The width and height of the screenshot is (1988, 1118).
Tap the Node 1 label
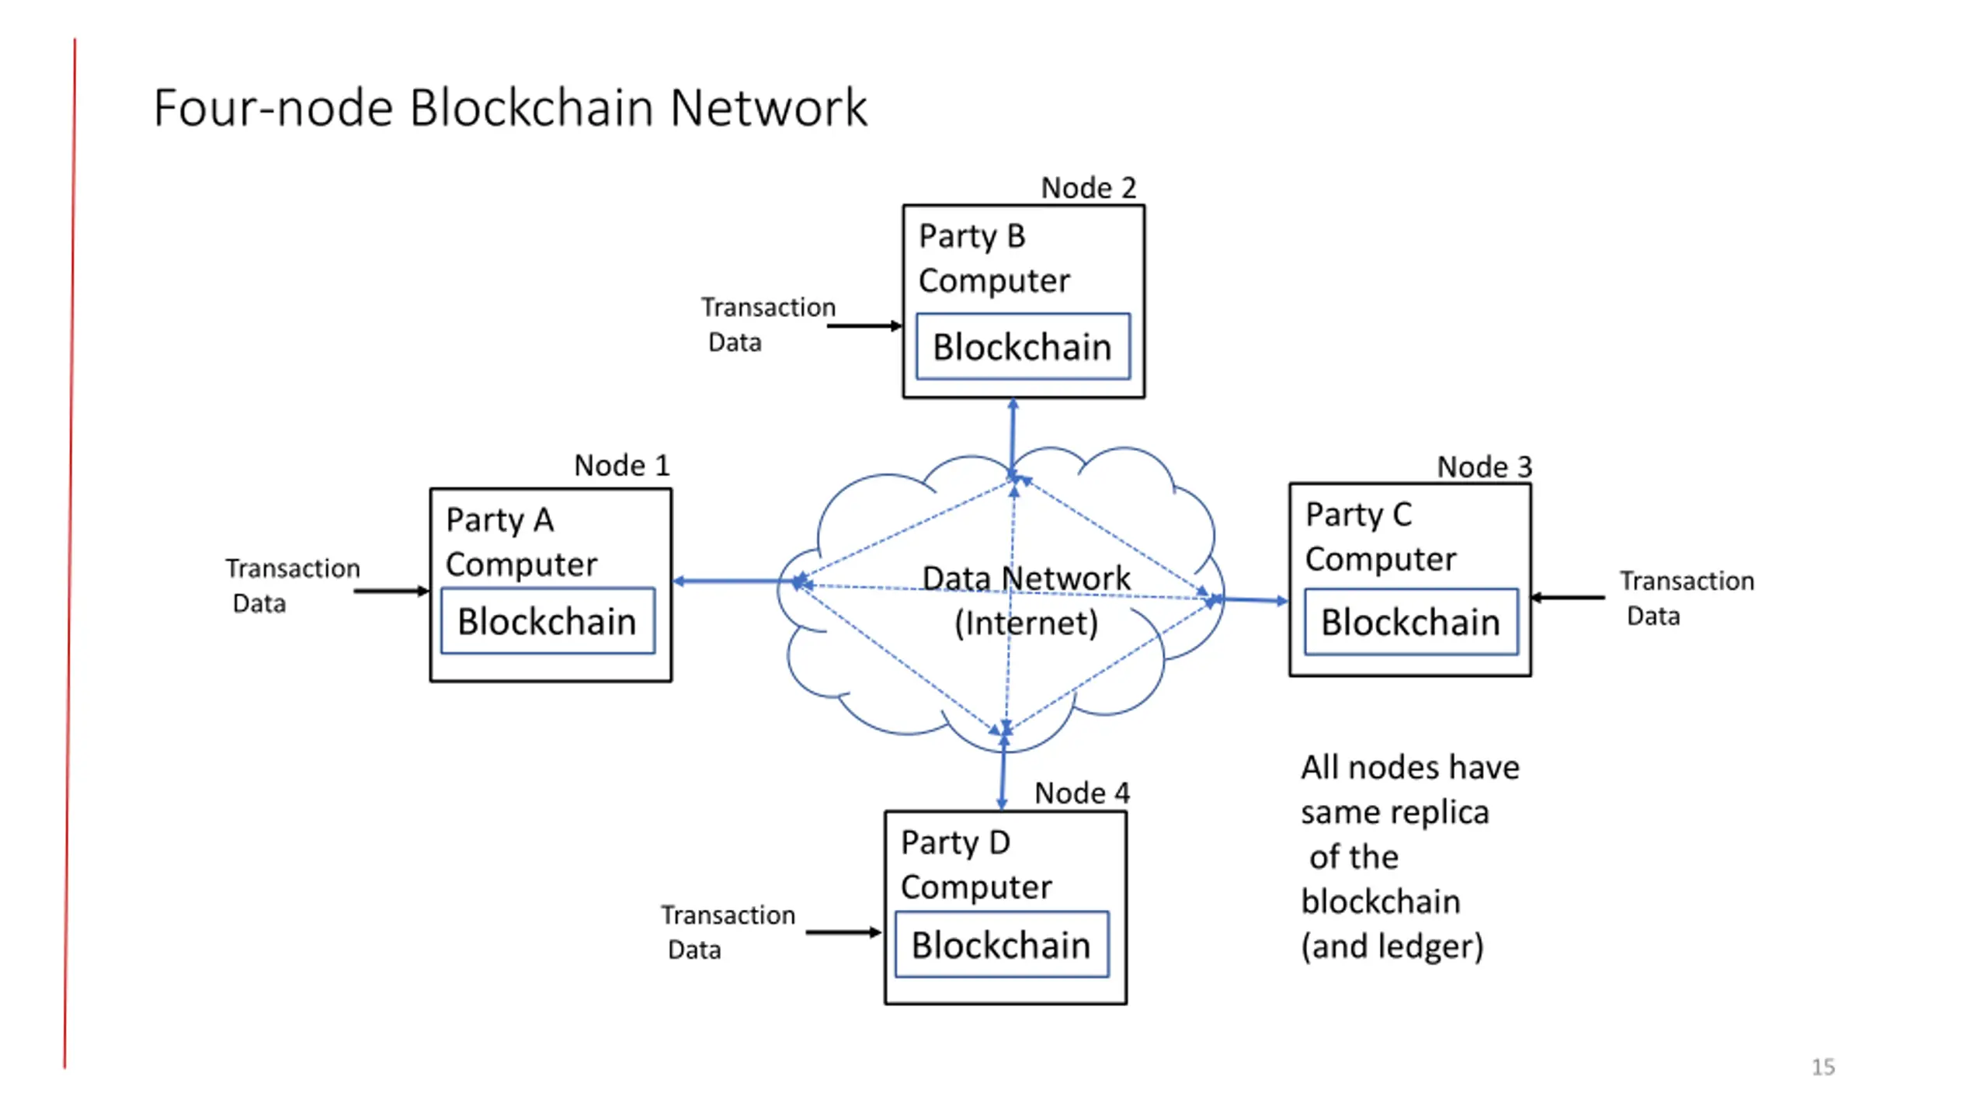[x=621, y=466]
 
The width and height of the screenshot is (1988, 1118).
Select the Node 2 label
[x=1088, y=188]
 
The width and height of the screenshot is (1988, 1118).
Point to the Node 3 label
[x=1484, y=467]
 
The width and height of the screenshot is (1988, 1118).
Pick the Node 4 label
[x=1082, y=793]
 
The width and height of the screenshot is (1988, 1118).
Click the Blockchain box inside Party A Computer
[x=547, y=621]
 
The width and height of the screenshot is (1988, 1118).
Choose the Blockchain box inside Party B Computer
[x=1023, y=346]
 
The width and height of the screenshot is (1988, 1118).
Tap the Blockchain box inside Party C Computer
[x=1411, y=622]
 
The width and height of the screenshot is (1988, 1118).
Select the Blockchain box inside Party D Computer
[x=1002, y=945]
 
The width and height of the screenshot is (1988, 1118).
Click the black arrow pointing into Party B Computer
[x=864, y=326]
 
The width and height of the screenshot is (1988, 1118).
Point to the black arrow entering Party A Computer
[x=391, y=592]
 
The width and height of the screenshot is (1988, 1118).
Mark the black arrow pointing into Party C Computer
[x=1567, y=598]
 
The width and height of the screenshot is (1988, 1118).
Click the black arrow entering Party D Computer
[x=844, y=932]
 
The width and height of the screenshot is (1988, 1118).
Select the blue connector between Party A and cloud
[x=735, y=582]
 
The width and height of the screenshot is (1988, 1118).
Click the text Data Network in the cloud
[x=1026, y=578]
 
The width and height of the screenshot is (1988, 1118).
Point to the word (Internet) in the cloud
[x=1026, y=623]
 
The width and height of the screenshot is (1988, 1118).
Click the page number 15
[x=1823, y=1067]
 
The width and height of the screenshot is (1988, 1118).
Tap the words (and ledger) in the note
[x=1392, y=946]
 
